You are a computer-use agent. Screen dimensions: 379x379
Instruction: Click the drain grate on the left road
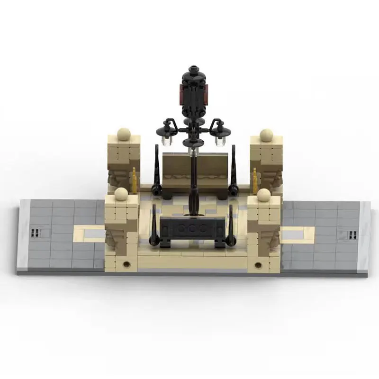point(35,233)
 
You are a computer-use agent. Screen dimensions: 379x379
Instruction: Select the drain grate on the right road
point(352,234)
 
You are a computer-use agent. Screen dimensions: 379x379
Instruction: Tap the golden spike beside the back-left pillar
point(134,180)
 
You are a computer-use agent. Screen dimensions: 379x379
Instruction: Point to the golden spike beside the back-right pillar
point(255,180)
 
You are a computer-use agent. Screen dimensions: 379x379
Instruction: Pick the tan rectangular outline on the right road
point(298,233)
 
